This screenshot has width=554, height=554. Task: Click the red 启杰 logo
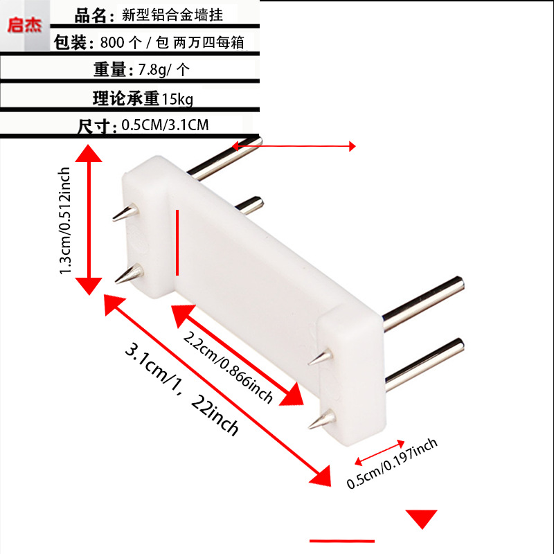pos(24,26)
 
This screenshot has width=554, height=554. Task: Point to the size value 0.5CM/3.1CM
pos(165,125)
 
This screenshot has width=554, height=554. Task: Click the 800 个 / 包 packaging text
pos(133,42)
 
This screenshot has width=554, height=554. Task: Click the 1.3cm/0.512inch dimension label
pos(66,220)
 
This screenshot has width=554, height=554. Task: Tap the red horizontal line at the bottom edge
pos(341,540)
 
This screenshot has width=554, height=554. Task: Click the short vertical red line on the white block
pos(178,242)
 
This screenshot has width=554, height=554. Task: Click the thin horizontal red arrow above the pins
pos(294,145)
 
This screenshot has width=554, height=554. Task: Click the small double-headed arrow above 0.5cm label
pos(379,449)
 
